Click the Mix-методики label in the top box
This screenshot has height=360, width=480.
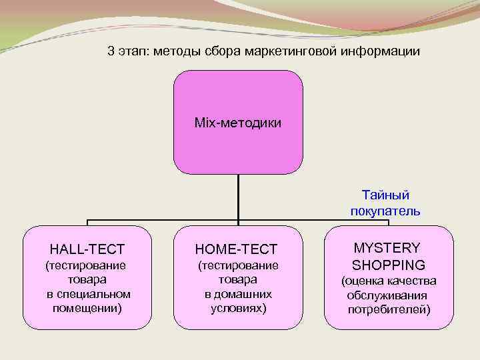pyautogui.click(x=238, y=123)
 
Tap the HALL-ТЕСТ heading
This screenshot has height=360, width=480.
pyautogui.click(x=87, y=249)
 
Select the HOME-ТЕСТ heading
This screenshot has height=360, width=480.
pyautogui.click(x=236, y=249)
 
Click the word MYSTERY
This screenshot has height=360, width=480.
pyautogui.click(x=387, y=247)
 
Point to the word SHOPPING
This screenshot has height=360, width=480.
pyautogui.click(x=389, y=265)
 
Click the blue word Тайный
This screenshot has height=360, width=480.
pyautogui.click(x=385, y=195)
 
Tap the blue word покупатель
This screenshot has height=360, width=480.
pyautogui.click(x=385, y=211)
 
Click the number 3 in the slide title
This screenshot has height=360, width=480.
pyautogui.click(x=111, y=51)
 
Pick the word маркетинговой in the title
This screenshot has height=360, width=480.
pyautogui.click(x=299, y=51)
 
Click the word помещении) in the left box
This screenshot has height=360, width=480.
pyautogui.click(x=87, y=308)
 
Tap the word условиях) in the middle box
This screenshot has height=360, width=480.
pyautogui.click(x=238, y=308)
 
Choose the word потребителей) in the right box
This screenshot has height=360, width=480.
pyautogui.click(x=389, y=309)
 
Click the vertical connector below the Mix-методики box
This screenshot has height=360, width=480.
pyautogui.click(x=238, y=197)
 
